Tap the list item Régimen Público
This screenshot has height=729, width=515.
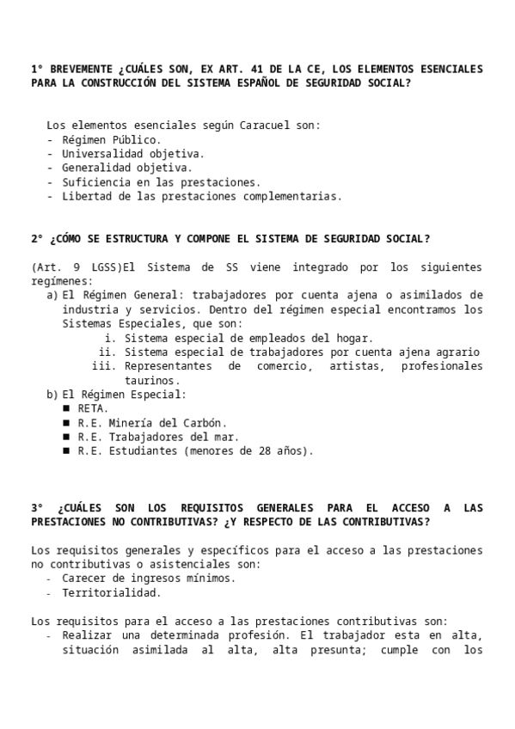(x=111, y=139)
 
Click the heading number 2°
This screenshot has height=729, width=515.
(x=37, y=239)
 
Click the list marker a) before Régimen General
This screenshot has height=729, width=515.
(x=52, y=295)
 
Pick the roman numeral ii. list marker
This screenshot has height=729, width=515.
(x=107, y=352)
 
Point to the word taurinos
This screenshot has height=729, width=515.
(x=152, y=380)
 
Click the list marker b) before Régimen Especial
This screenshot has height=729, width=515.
(x=52, y=395)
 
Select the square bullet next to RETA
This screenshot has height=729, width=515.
(x=66, y=408)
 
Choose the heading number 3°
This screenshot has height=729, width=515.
(x=37, y=507)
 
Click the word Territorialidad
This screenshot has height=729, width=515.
(x=111, y=592)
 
